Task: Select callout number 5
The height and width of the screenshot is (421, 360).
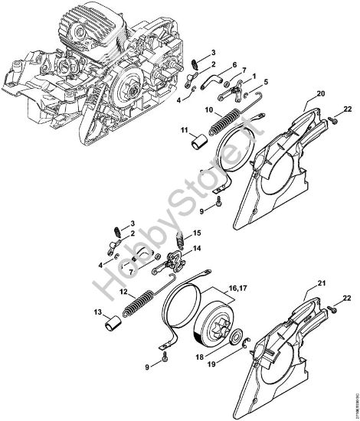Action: coord(265,80)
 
